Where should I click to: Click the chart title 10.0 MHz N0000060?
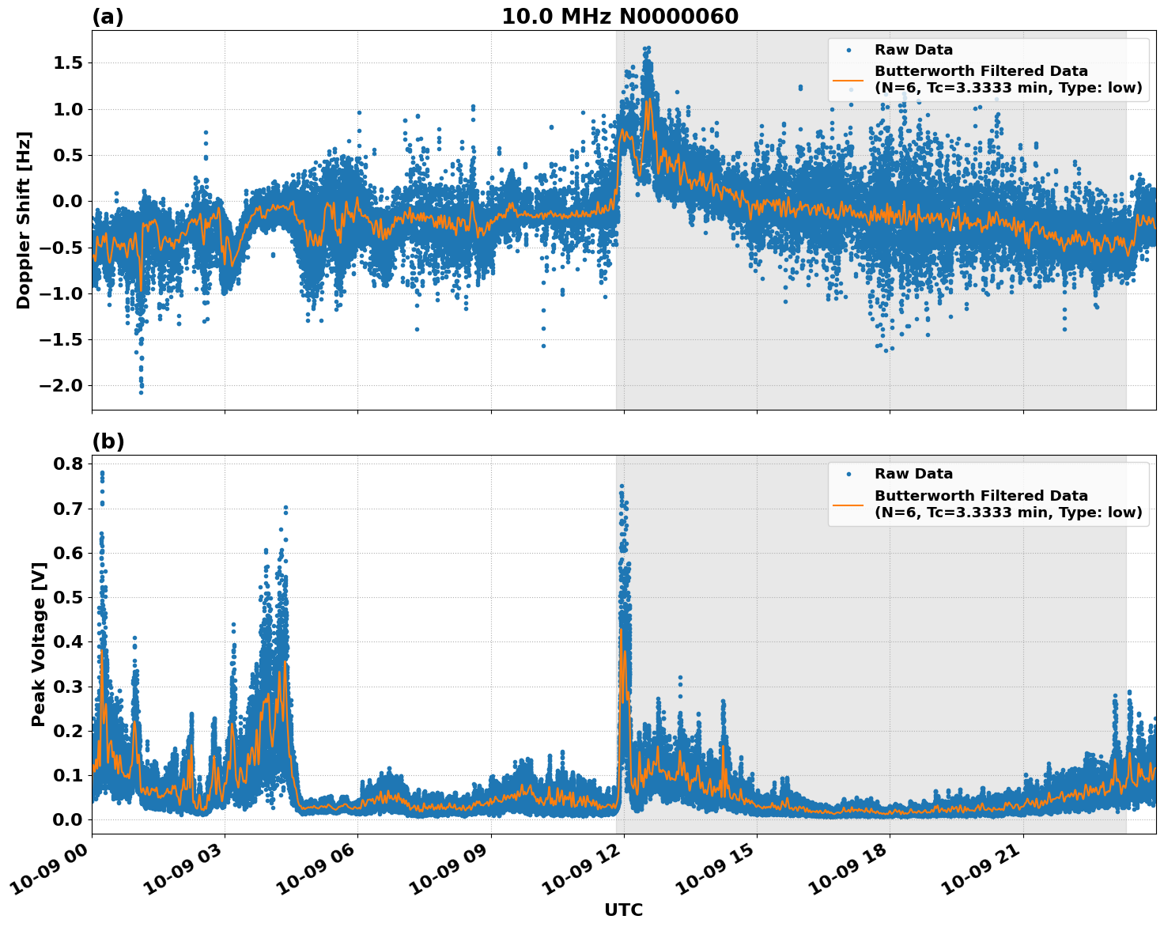(x=619, y=17)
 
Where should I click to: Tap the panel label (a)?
(x=108, y=17)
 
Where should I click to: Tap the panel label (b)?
(x=108, y=441)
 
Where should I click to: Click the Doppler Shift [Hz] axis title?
(x=24, y=220)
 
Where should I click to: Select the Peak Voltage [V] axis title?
(x=38, y=644)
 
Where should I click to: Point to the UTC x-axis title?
(x=623, y=910)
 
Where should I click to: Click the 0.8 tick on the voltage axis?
(x=68, y=464)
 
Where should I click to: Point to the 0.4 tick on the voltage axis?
(x=68, y=641)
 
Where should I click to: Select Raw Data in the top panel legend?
(x=913, y=50)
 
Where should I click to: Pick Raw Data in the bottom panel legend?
(x=913, y=474)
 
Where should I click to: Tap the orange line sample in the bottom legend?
(x=848, y=504)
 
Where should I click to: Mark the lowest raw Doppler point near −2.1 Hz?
(x=141, y=392)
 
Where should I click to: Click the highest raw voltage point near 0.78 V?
(x=102, y=473)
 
